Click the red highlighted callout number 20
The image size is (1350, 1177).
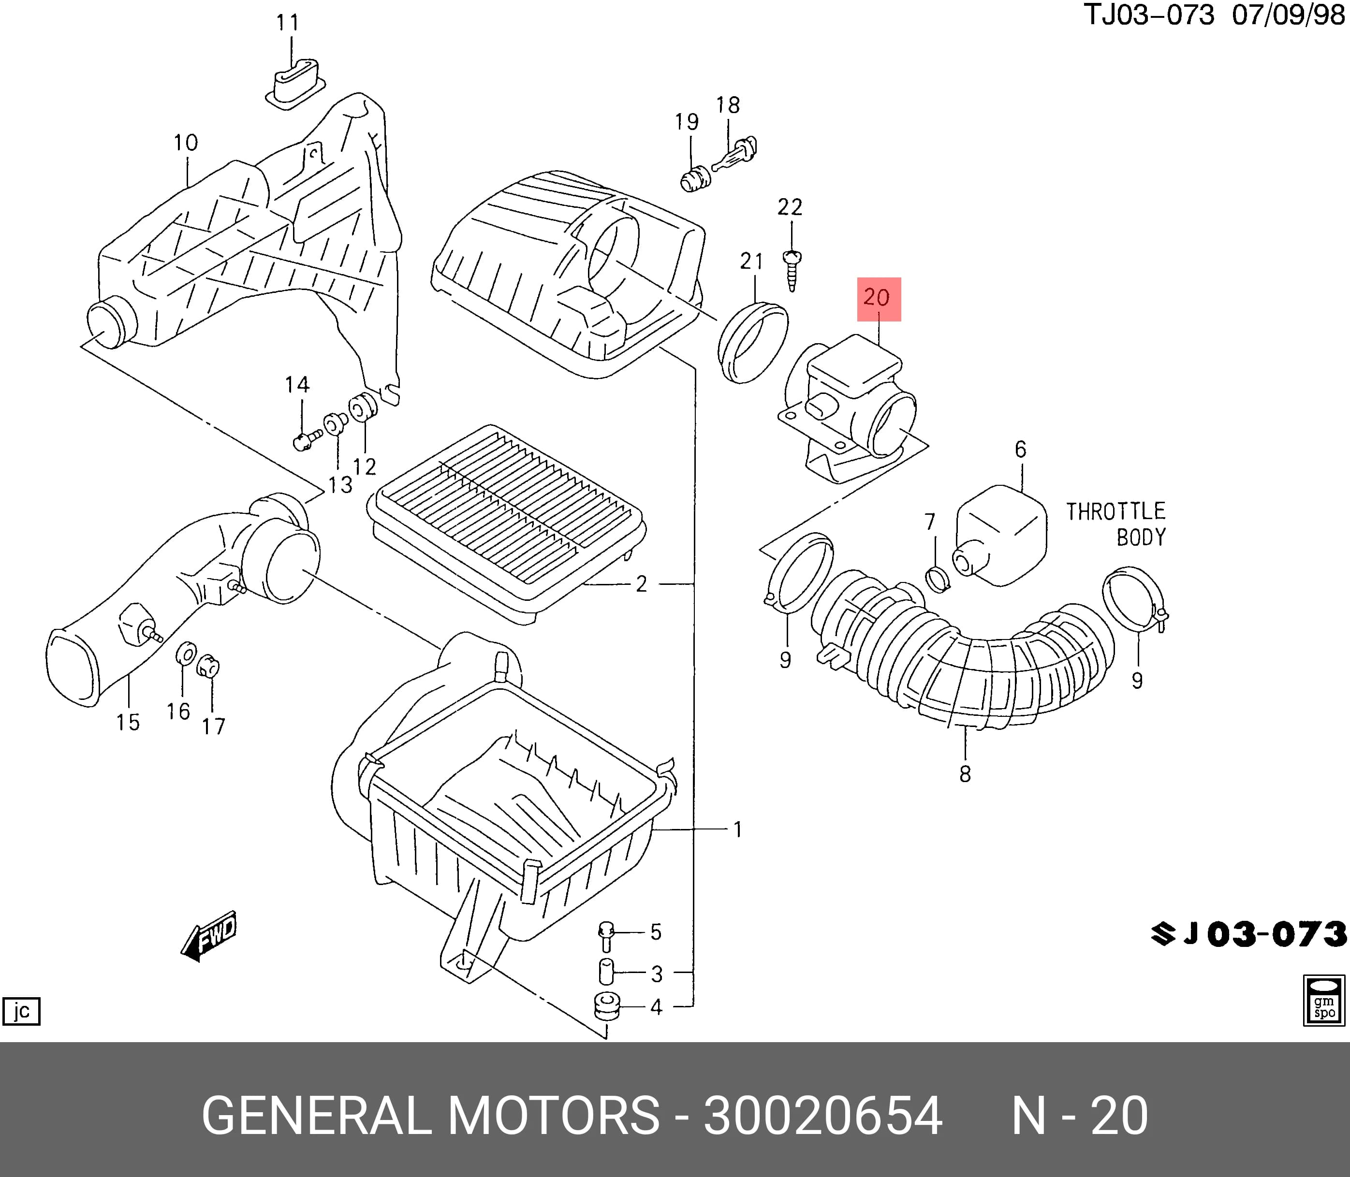click(x=878, y=298)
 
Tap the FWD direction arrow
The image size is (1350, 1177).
click(x=208, y=935)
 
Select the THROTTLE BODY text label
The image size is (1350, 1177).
click(x=1115, y=524)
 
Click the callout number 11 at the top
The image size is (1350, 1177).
click(x=288, y=23)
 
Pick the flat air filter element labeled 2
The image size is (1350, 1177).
click(x=507, y=523)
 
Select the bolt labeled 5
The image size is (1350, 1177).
click(x=606, y=936)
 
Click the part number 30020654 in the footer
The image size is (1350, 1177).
click(x=823, y=1115)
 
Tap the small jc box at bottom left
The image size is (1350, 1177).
click(x=22, y=1012)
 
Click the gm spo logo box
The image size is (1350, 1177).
click(x=1324, y=1000)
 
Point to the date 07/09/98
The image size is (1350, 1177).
click(x=1288, y=15)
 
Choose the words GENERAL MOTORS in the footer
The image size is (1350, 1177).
click(x=431, y=1115)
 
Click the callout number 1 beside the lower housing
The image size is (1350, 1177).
click(x=738, y=830)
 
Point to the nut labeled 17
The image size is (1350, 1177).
click(x=208, y=667)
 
